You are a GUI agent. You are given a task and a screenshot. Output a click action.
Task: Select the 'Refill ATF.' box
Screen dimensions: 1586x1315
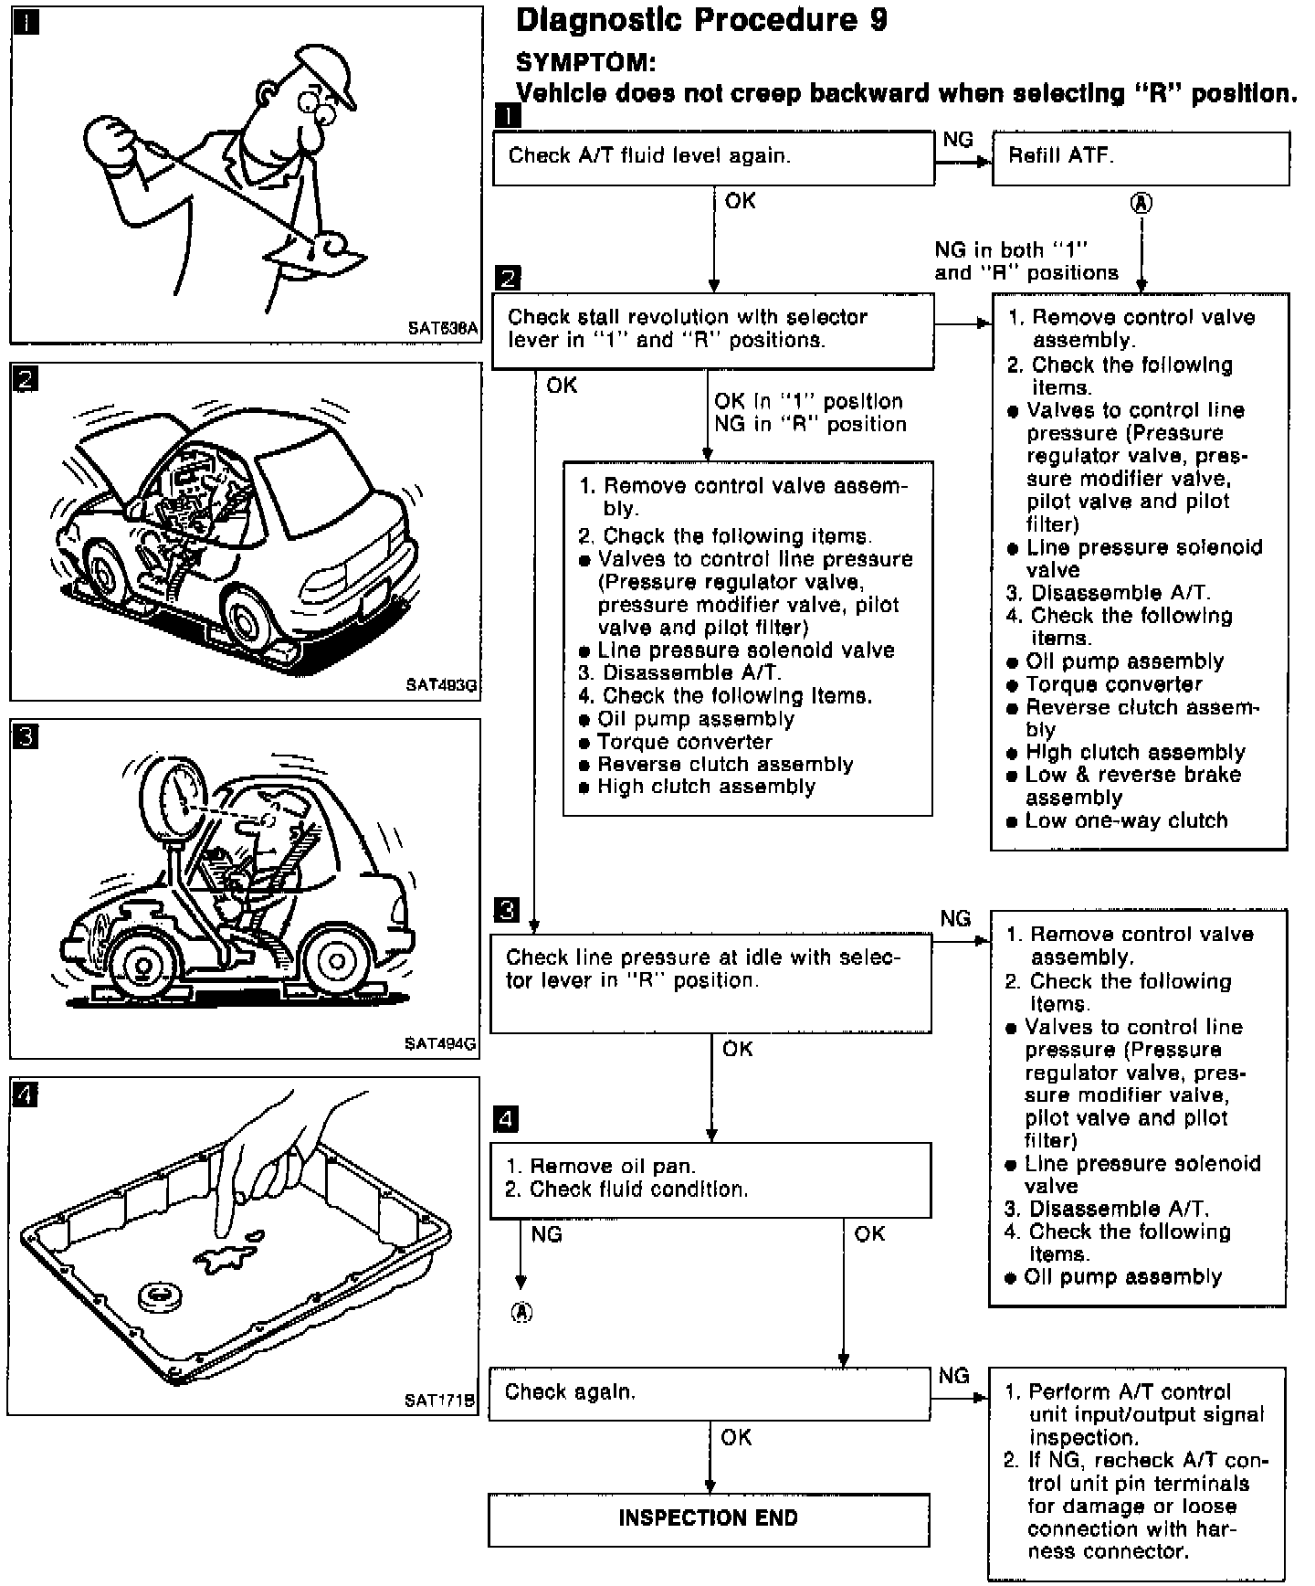(x=1141, y=158)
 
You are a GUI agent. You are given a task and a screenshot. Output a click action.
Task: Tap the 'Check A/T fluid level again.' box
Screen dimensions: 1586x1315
(x=713, y=158)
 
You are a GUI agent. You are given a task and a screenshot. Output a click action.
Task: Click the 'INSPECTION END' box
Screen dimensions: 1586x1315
(x=709, y=1518)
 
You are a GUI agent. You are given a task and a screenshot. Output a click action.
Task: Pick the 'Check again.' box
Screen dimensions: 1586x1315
(x=710, y=1393)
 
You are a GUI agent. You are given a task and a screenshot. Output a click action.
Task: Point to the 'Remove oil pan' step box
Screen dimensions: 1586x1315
(x=710, y=1179)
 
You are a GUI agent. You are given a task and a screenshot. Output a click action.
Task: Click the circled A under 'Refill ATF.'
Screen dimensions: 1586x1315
(x=1141, y=203)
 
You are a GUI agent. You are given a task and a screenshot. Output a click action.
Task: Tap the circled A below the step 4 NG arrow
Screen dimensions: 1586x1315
(x=521, y=1313)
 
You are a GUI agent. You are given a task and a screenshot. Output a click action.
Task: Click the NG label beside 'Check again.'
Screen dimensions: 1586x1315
(x=954, y=1376)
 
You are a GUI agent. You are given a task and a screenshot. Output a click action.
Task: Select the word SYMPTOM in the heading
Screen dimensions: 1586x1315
(x=585, y=63)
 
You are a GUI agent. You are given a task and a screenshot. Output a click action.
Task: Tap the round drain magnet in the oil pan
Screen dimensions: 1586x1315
(x=161, y=1296)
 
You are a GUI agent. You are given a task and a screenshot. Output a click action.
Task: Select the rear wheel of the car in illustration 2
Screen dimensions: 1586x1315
(x=249, y=619)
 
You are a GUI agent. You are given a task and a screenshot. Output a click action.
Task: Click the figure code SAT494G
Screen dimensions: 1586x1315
(x=440, y=1043)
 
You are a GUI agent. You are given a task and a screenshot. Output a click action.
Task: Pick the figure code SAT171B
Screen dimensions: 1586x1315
(x=440, y=1400)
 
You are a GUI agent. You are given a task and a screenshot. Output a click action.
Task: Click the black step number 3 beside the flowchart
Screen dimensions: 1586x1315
(x=506, y=910)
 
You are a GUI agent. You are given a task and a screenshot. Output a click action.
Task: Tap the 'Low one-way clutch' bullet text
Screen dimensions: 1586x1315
(x=1126, y=820)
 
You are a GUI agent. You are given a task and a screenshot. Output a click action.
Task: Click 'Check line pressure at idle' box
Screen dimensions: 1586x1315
(x=710, y=982)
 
